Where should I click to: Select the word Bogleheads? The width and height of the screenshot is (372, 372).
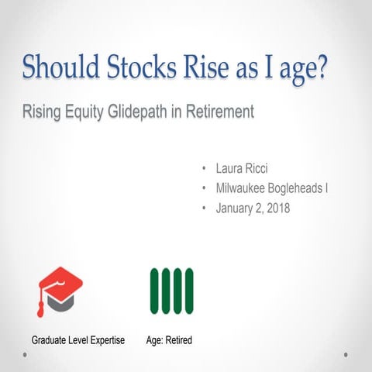(305, 188)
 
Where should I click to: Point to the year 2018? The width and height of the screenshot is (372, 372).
(276, 208)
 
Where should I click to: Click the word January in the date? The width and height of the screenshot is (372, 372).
(236, 208)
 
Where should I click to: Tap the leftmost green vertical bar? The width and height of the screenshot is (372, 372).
(154, 291)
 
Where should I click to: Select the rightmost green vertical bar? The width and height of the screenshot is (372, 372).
(189, 291)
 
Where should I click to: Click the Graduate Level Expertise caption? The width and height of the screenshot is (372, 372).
(78, 340)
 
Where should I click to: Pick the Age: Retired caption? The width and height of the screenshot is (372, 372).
(169, 340)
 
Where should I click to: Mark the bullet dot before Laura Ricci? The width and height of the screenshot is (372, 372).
(202, 168)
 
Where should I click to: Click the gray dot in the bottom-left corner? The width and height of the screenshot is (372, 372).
(25, 355)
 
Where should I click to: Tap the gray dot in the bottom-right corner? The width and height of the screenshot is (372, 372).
(346, 355)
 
